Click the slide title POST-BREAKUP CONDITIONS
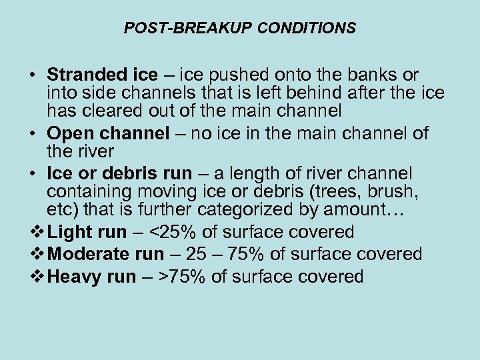(240, 29)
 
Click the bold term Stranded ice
(102, 75)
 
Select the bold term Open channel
(108, 133)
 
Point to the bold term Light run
(87, 232)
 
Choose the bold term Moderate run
(106, 254)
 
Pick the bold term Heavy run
(92, 277)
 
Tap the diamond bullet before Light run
(39, 232)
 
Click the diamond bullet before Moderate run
(39, 254)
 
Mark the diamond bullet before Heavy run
(39, 277)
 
